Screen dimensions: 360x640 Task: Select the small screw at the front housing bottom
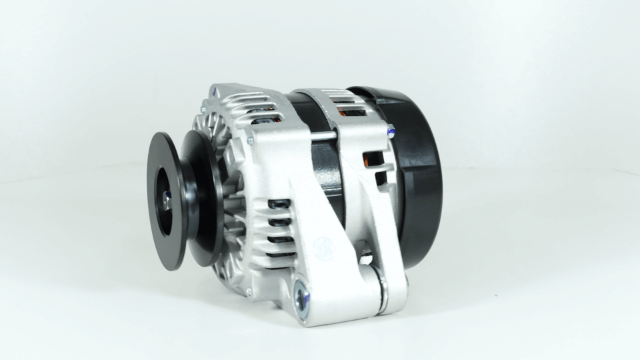pos(247,292)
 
